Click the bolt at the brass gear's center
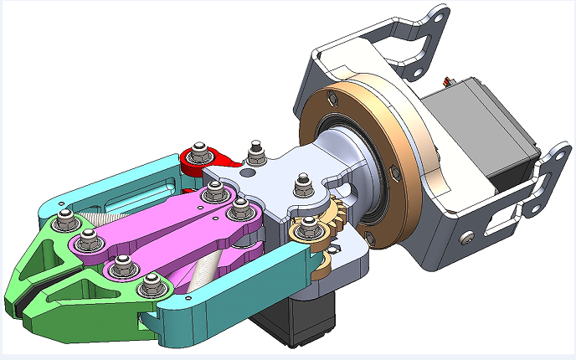point(309,224)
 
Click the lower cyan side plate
point(234,289)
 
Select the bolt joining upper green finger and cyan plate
point(64,224)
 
